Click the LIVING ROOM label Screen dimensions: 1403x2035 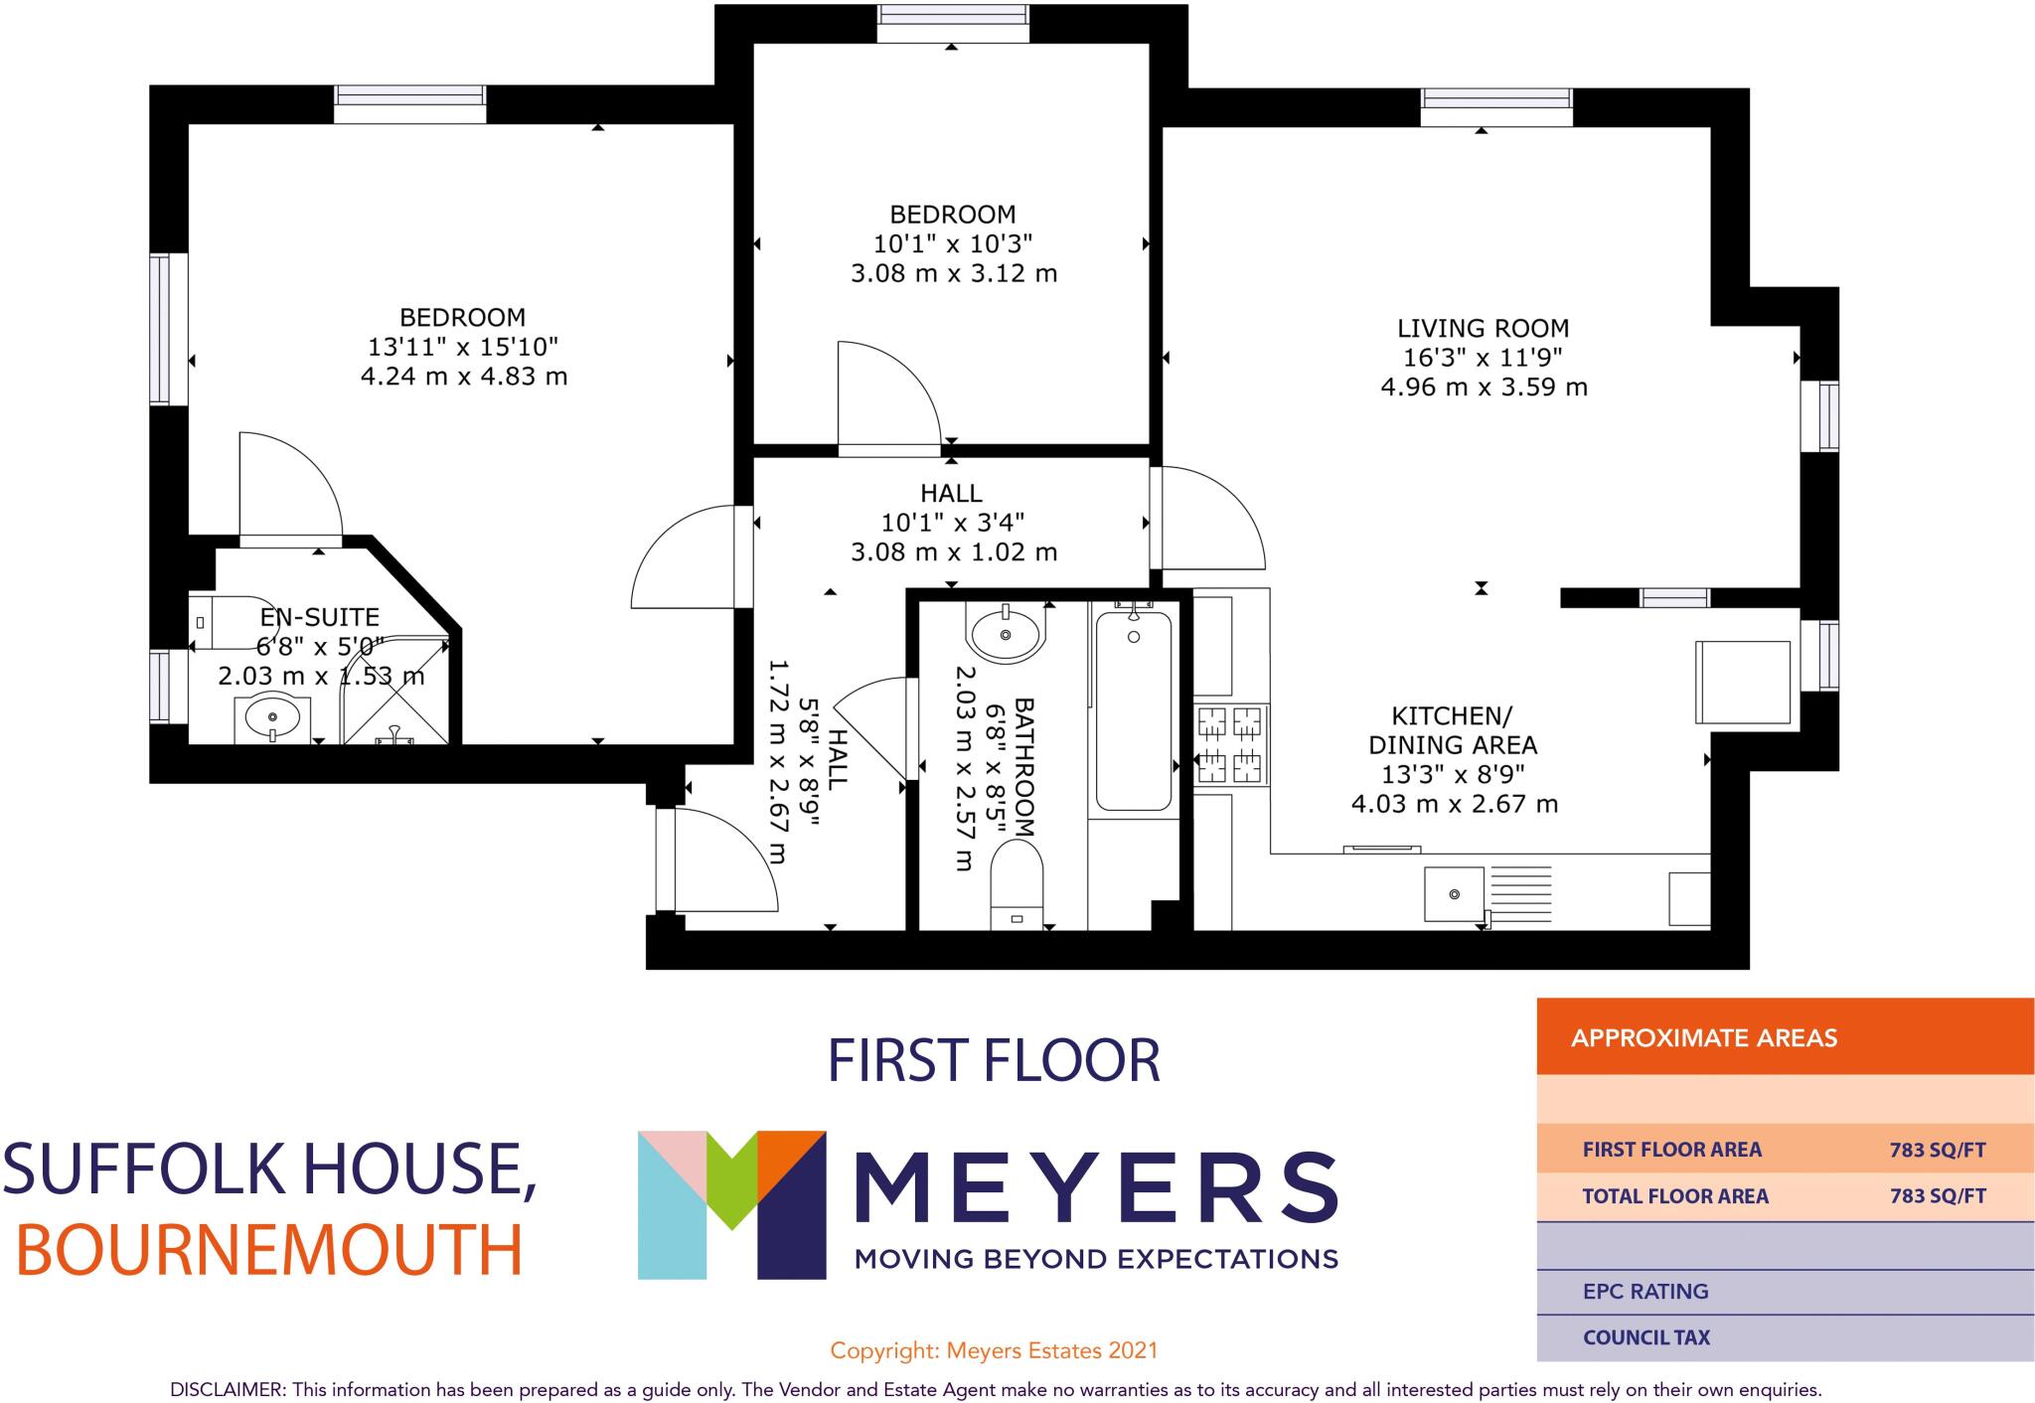click(1483, 328)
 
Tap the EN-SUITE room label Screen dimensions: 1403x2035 click(320, 617)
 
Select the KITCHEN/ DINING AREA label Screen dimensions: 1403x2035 click(1452, 730)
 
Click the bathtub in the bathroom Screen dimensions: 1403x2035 click(1134, 710)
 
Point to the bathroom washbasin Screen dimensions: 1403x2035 click(1006, 634)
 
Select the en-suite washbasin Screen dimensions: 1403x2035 click(271, 717)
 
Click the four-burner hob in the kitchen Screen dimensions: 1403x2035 click(1231, 745)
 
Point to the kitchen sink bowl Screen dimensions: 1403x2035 click(1455, 894)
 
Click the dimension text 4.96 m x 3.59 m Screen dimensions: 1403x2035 click(1484, 388)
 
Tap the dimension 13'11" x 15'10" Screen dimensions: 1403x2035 click(463, 347)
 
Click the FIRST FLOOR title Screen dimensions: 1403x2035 click(994, 1060)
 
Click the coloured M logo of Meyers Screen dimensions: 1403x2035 click(732, 1203)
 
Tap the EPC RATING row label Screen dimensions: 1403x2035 click(1645, 1292)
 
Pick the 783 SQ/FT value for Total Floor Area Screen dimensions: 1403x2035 click(1937, 1196)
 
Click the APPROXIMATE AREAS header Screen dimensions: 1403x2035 click(1703, 1038)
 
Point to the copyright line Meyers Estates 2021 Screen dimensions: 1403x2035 click(994, 1350)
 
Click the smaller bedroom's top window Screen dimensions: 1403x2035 click(952, 23)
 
